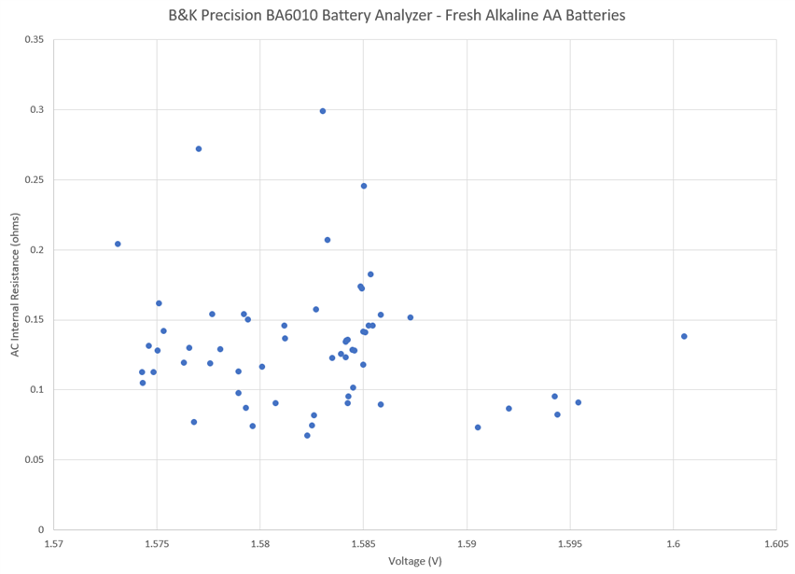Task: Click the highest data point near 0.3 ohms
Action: pyautogui.click(x=323, y=111)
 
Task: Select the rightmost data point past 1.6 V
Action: pyautogui.click(x=684, y=336)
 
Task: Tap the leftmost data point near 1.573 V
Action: pyautogui.click(x=118, y=244)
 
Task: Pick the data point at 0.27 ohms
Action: pyautogui.click(x=199, y=148)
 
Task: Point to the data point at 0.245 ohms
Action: pyautogui.click(x=364, y=186)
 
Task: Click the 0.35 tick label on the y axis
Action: pyautogui.click(x=35, y=40)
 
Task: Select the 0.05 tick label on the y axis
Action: pyautogui.click(x=35, y=459)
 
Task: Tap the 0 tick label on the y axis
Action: pyautogui.click(x=42, y=529)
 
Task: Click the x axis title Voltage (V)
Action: pyautogui.click(x=415, y=561)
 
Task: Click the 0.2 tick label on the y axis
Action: pyautogui.click(x=38, y=250)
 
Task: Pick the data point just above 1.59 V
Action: pyautogui.click(x=478, y=427)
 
